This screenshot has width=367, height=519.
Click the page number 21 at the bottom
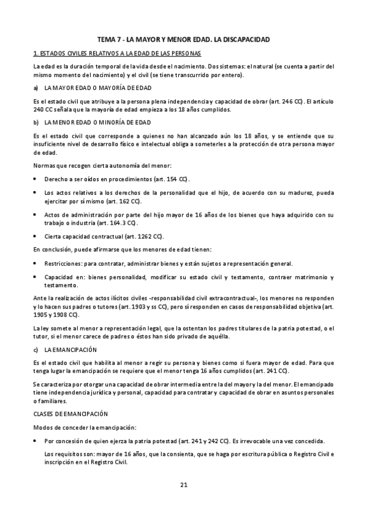183,485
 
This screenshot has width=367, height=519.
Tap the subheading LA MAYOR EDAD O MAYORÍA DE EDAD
98,88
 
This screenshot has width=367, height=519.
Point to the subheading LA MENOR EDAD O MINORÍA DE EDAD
97,122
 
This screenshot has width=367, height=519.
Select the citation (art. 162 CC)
123,201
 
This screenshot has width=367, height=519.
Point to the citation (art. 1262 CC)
127,236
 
